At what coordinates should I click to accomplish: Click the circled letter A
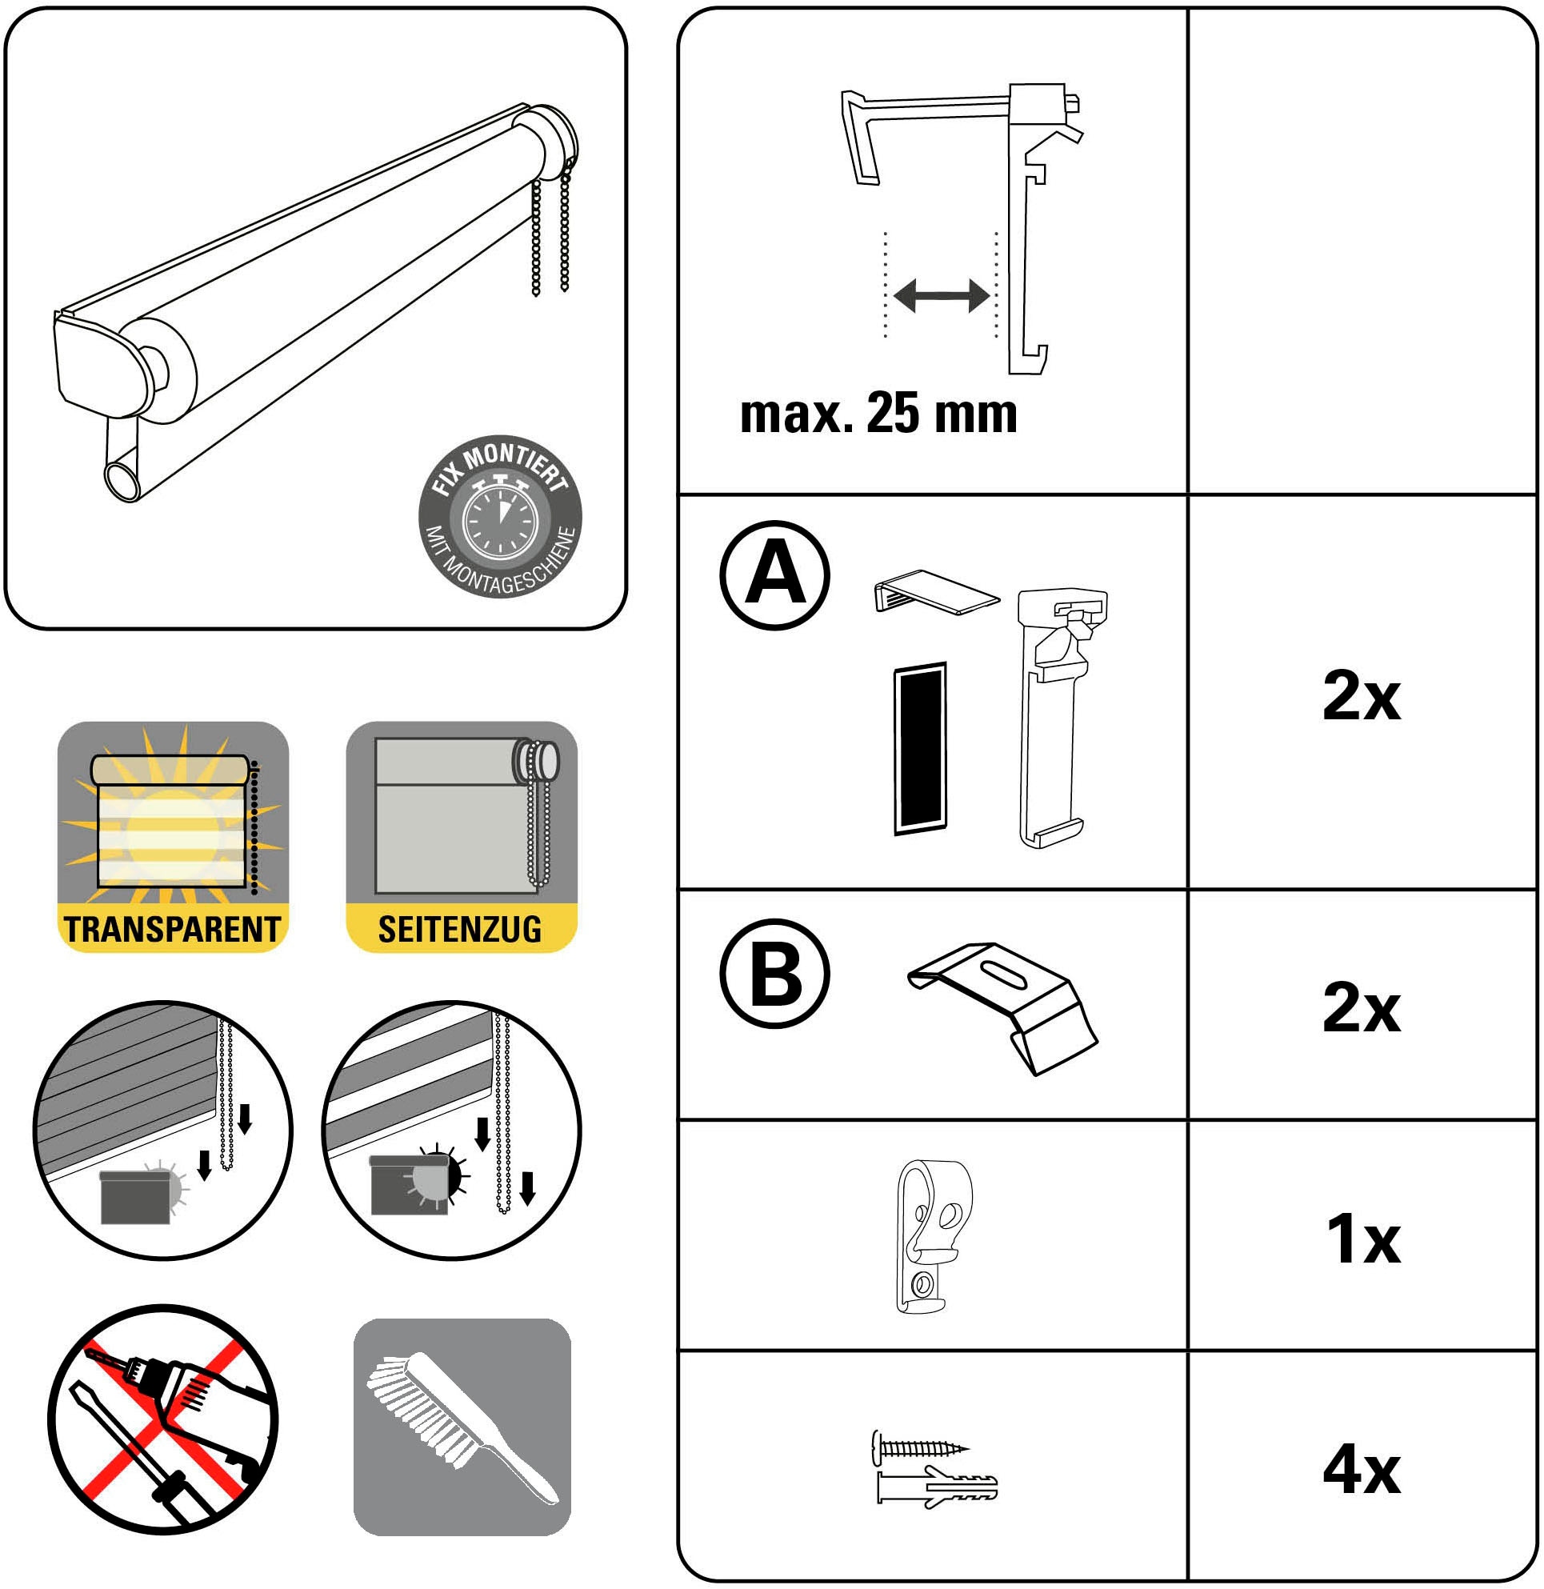click(774, 575)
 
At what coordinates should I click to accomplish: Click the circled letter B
click(774, 974)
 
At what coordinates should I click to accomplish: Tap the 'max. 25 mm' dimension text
click(878, 413)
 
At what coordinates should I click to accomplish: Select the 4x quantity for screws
click(1362, 1469)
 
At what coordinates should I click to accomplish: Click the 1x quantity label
click(1363, 1239)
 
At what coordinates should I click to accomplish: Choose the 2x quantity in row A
click(1362, 695)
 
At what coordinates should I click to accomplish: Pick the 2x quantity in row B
click(1362, 1008)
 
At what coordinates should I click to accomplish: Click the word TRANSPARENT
click(173, 930)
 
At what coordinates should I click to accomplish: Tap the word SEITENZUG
click(460, 930)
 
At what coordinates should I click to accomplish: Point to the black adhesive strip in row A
click(920, 748)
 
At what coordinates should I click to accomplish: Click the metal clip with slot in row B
click(1003, 1008)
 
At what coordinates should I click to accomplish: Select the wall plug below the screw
click(938, 1487)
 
